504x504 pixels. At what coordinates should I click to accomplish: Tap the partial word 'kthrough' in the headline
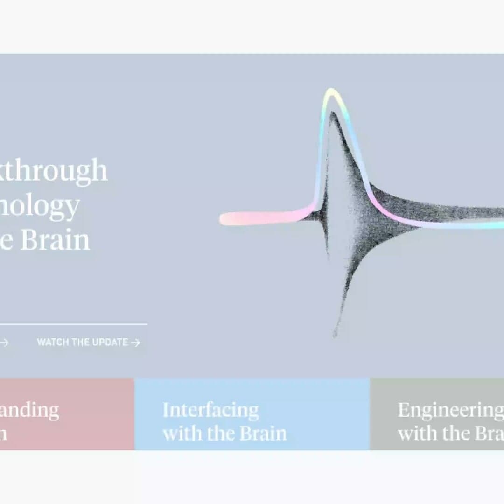[53, 171]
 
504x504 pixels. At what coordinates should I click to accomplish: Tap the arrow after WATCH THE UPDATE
[135, 343]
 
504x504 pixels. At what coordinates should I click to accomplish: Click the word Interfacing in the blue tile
[210, 410]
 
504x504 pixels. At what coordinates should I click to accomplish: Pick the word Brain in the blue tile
[263, 433]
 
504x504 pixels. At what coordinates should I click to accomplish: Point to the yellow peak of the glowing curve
[331, 91]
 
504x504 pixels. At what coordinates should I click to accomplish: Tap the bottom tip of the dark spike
[335, 333]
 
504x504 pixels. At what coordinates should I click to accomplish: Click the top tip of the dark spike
[332, 113]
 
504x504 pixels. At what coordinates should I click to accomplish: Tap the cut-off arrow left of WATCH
[4, 343]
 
